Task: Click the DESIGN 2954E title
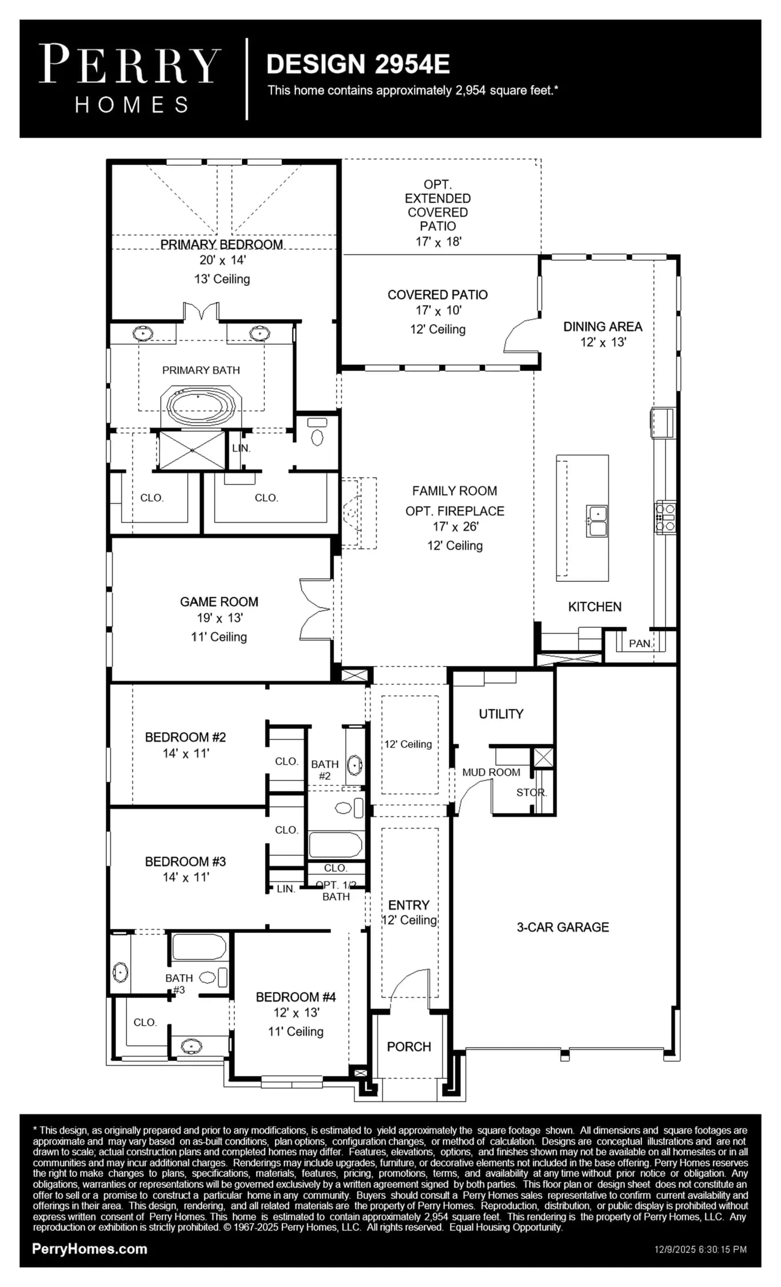(358, 64)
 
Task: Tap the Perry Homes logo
(130, 78)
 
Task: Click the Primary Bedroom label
(222, 245)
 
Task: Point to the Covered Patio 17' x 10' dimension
(438, 311)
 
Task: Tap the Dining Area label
(603, 327)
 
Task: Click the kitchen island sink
(597, 521)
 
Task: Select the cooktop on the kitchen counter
(666, 517)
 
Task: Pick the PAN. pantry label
(640, 643)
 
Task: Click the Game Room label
(219, 602)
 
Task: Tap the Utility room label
(501, 714)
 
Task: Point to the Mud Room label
(491, 772)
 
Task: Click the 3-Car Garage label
(563, 927)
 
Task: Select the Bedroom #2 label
(185, 737)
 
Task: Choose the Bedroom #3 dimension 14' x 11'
(186, 877)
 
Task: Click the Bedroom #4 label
(296, 997)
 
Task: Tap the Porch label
(409, 1047)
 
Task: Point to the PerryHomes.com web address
(90, 1249)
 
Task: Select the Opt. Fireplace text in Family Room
(455, 511)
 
